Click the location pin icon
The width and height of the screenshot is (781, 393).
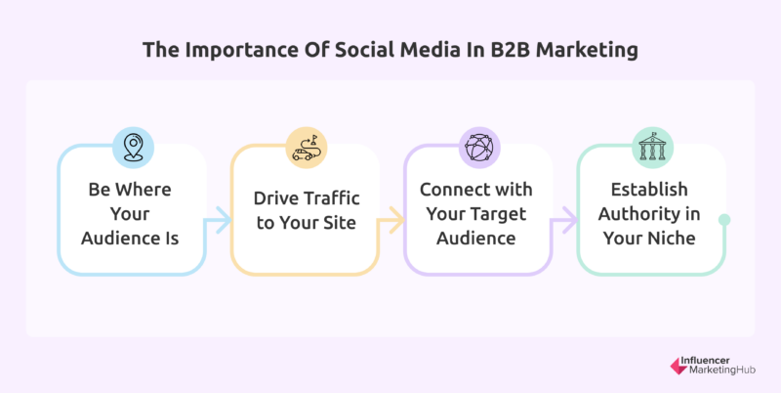(133, 148)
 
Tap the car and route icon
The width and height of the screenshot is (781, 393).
(306, 148)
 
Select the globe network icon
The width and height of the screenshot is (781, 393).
(478, 148)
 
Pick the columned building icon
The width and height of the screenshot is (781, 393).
(652, 147)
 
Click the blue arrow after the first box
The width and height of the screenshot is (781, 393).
(218, 219)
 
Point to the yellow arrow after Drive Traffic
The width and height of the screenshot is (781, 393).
(391, 219)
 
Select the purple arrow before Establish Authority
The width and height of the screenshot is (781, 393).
(564, 219)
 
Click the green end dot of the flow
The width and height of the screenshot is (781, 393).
(724, 219)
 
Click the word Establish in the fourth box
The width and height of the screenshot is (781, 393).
(649, 190)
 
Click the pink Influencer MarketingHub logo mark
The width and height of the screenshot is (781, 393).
(678, 366)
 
